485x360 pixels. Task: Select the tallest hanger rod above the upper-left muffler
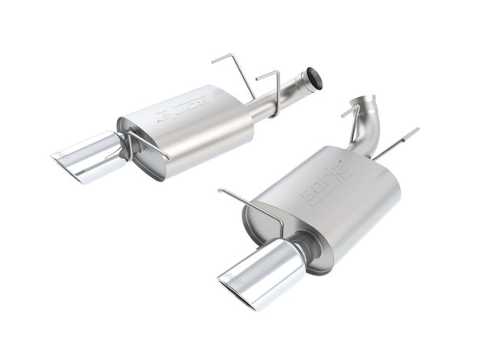(x=232, y=69)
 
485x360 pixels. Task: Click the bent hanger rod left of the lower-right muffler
(x=251, y=202)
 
